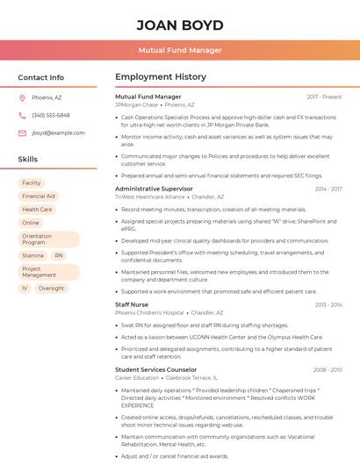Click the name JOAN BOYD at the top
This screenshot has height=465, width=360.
click(x=180, y=25)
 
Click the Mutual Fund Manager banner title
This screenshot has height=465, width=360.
click(x=180, y=50)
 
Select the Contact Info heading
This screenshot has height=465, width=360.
click(x=41, y=77)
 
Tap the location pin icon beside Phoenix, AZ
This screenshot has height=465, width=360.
click(x=22, y=98)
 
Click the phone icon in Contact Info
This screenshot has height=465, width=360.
click(x=22, y=116)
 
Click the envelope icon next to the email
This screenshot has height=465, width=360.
click(x=22, y=133)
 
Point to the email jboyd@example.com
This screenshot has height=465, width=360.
click(x=58, y=133)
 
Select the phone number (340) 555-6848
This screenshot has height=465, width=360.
click(x=51, y=116)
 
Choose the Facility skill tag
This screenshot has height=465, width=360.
click(x=32, y=183)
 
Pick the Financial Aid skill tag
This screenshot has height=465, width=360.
click(x=39, y=197)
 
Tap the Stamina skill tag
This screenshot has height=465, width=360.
click(x=32, y=255)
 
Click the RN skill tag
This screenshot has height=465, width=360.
click(x=59, y=255)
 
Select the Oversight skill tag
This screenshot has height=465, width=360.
click(x=51, y=288)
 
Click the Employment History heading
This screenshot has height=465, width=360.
click(x=161, y=77)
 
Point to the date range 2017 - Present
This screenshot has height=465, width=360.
click(x=324, y=97)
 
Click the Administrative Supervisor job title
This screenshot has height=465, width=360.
click(x=154, y=189)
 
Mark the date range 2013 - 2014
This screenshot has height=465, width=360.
click(x=328, y=304)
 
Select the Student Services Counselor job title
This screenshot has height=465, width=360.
click(x=156, y=369)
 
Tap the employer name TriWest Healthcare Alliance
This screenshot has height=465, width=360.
click(x=150, y=197)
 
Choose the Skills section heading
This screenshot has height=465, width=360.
click(x=28, y=160)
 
